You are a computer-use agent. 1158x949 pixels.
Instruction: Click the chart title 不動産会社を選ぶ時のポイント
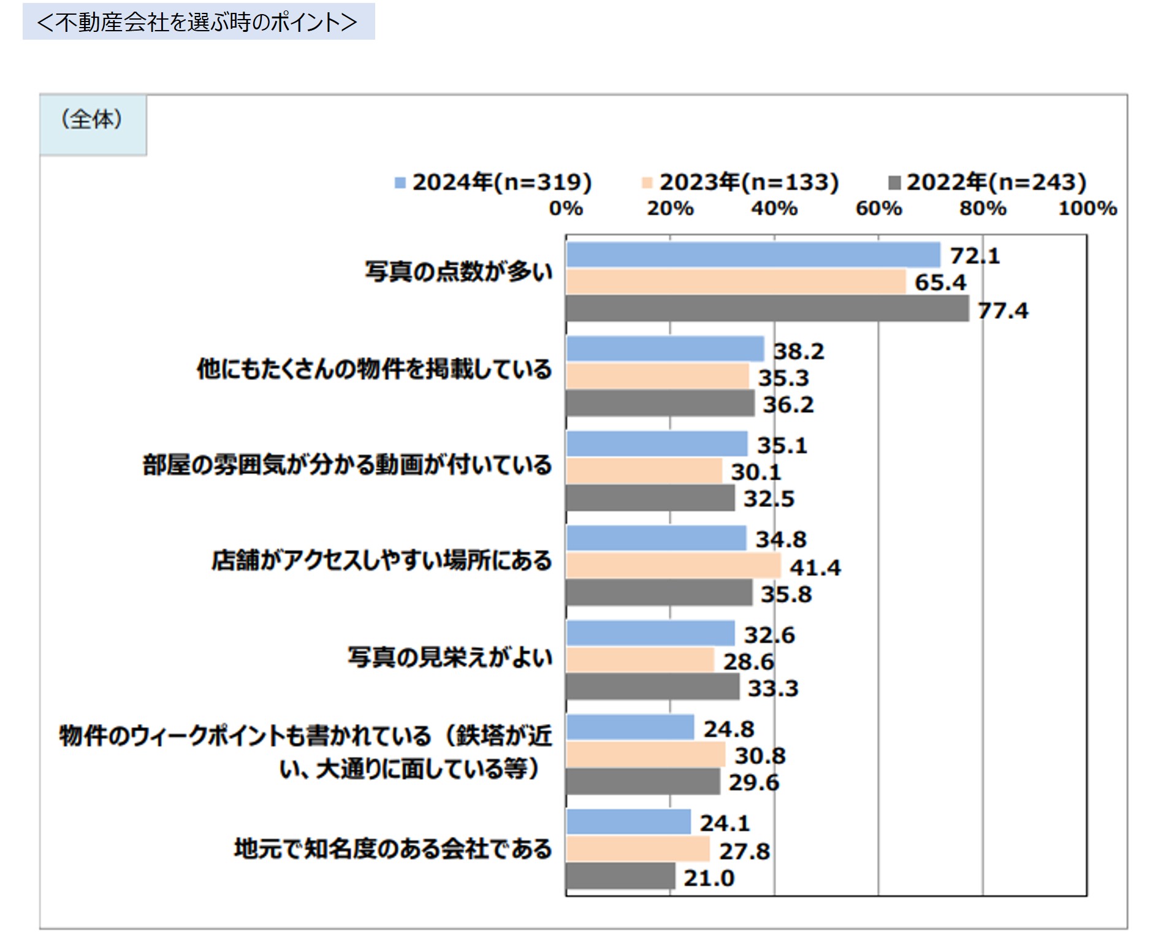(x=197, y=22)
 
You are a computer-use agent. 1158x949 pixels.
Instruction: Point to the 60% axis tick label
(x=878, y=208)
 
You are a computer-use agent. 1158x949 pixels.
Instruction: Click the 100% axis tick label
(x=1087, y=208)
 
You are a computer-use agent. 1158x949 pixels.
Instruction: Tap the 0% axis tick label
(x=565, y=208)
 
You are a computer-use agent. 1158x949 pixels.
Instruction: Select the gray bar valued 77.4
(x=767, y=308)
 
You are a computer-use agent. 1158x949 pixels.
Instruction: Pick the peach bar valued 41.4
(x=673, y=566)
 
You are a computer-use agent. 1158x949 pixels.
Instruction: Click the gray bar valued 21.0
(x=620, y=876)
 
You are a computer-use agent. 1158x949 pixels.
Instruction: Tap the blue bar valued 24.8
(x=630, y=728)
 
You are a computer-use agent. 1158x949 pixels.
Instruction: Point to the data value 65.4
(x=940, y=283)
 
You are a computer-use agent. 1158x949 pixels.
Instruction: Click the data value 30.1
(x=756, y=472)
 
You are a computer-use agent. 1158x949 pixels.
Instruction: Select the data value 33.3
(x=772, y=688)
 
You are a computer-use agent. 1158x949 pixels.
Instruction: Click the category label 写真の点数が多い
(x=459, y=272)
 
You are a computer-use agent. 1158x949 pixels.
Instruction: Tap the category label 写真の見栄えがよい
(x=450, y=657)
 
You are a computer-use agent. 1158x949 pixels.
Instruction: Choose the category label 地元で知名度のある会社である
(x=393, y=849)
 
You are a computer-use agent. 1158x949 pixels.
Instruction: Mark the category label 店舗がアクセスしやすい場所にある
(x=381, y=560)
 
